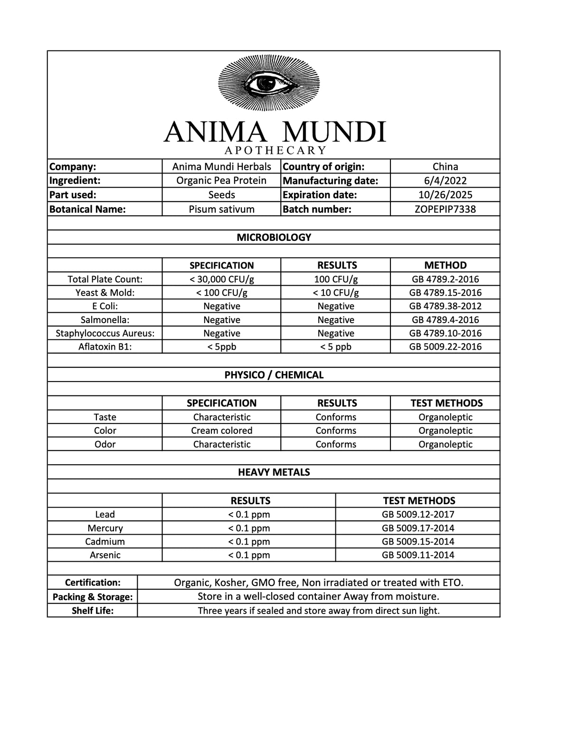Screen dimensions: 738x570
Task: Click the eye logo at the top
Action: pos(269,84)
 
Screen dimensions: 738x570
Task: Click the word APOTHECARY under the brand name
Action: pos(275,151)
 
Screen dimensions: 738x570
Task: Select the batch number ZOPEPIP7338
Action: pos(445,209)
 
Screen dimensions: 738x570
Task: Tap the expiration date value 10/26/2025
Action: pos(445,195)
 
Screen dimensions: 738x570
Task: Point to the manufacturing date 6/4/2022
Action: pos(445,181)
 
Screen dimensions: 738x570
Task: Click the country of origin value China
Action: pos(445,166)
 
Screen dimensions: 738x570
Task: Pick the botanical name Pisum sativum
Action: pos(221,209)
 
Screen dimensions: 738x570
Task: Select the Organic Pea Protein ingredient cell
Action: pos(221,181)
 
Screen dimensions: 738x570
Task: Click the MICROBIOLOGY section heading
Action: pos(274,237)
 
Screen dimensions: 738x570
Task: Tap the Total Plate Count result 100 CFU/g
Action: pos(336,279)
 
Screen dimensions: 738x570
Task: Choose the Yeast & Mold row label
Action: pos(105,292)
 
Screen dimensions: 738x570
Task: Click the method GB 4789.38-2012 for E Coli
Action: pos(445,306)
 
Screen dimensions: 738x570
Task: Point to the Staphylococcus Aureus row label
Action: pos(105,333)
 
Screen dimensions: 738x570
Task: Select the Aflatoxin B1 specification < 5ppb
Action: pos(221,346)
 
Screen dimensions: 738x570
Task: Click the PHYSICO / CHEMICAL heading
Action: pos(274,375)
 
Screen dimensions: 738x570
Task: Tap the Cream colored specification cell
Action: pos(221,431)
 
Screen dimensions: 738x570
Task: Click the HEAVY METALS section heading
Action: pos(274,472)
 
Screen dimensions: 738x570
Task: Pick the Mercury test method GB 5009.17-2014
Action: pos(418,528)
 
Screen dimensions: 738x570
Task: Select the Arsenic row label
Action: pos(105,555)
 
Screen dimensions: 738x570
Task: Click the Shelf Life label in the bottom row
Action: pos(93,611)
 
